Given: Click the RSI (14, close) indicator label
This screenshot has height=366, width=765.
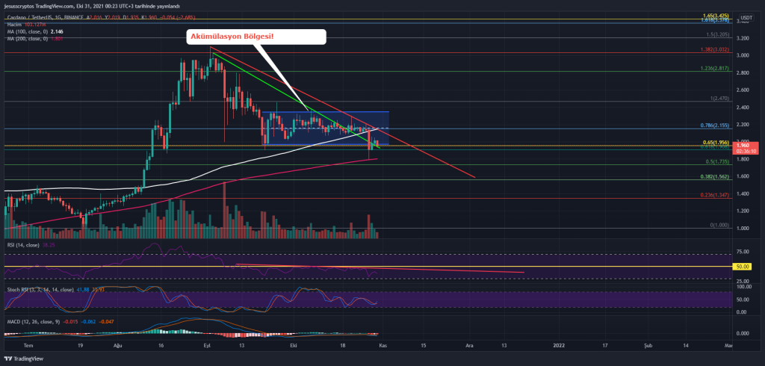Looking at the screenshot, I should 22,244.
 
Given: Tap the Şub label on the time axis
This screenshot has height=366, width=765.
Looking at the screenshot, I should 648,346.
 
